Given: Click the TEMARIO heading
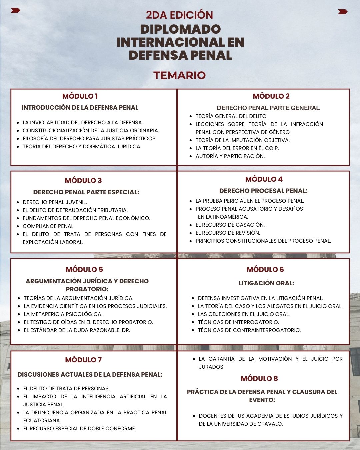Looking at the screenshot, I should (x=179, y=75).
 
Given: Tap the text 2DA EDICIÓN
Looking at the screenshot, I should (x=179, y=15).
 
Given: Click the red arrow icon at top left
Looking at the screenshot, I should (x=15, y=10).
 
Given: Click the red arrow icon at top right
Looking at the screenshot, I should (x=343, y=12).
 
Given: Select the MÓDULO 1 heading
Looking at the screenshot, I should (x=80, y=96).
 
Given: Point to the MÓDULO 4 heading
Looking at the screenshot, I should (x=264, y=179).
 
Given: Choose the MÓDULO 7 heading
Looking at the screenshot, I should (x=83, y=360).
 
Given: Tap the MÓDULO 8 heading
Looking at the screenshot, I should (x=259, y=379).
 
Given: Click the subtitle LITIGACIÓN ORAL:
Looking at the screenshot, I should (x=266, y=283).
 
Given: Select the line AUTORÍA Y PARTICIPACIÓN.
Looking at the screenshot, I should (x=230, y=156).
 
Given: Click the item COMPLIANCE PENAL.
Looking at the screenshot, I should (x=49, y=226).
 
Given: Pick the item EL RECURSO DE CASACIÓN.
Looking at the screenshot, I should (x=230, y=225).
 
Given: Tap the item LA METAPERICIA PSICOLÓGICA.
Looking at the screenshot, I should (x=63, y=314).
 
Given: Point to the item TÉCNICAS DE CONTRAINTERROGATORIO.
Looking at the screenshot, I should (x=249, y=330).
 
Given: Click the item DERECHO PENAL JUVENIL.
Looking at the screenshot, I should (x=55, y=202).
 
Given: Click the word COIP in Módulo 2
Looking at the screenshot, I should (x=271, y=148).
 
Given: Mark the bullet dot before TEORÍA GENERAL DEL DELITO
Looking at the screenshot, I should (x=191, y=116).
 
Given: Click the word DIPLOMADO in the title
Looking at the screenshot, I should (x=180, y=29).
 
